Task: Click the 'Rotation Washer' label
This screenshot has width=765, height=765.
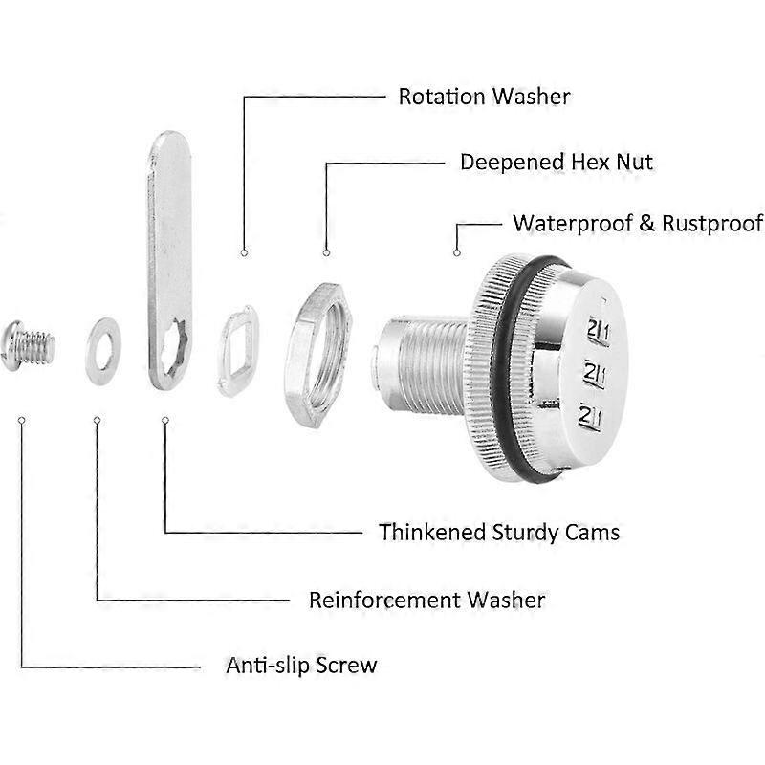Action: pyautogui.click(x=484, y=97)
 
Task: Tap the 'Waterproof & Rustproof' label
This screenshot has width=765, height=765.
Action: pyautogui.click(x=638, y=224)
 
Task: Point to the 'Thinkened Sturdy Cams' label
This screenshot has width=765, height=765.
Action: pyautogui.click(x=498, y=531)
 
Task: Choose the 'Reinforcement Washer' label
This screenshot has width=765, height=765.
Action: pyautogui.click(x=426, y=600)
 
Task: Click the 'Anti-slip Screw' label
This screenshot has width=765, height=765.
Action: pyautogui.click(x=301, y=665)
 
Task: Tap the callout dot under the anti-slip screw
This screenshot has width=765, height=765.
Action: pyautogui.click(x=21, y=419)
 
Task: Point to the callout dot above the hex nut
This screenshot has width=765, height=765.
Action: pyautogui.click(x=326, y=253)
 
